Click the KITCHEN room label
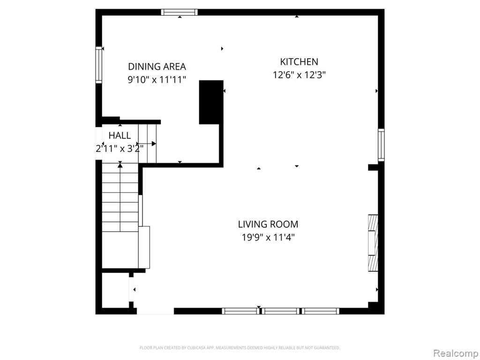[x=299, y=62]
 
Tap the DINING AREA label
[x=157, y=67]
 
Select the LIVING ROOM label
[x=268, y=225]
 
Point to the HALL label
[x=120, y=135]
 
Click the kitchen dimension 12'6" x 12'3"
[x=299, y=75]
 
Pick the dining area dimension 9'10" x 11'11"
[x=157, y=80]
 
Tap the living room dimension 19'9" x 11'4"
[x=268, y=237]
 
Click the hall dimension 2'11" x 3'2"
[x=120, y=149]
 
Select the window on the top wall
[x=180, y=12]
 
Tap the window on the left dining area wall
[x=98, y=65]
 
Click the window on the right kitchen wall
[x=381, y=145]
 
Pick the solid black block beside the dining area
[x=211, y=102]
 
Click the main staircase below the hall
[x=120, y=197]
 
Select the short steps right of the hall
[x=147, y=143]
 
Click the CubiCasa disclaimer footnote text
[x=240, y=348]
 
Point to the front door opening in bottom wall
[x=155, y=311]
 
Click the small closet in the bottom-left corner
[x=115, y=290]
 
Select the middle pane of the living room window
[x=280, y=311]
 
